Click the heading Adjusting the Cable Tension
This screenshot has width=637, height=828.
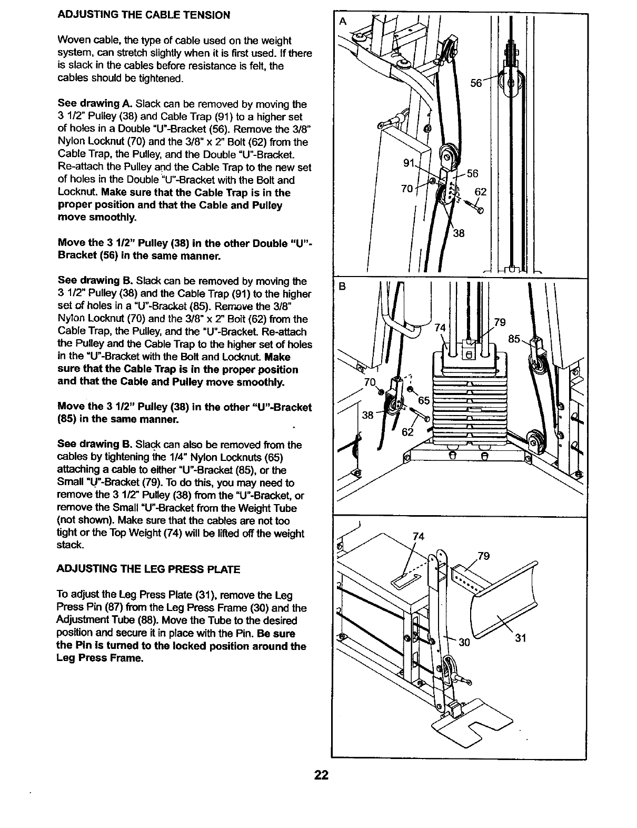(x=144, y=15)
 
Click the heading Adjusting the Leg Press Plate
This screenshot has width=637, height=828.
(x=149, y=569)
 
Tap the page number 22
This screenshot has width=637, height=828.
(x=321, y=775)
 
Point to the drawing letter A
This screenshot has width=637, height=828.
(x=343, y=22)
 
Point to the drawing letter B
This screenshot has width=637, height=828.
(x=342, y=287)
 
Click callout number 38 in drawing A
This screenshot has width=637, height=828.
(x=459, y=233)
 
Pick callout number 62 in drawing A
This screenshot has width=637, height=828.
(x=481, y=192)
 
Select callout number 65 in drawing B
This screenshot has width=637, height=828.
(x=424, y=400)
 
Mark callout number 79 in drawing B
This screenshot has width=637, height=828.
(x=500, y=322)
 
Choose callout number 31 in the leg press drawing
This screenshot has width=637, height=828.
(x=521, y=639)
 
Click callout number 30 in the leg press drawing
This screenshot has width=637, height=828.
(x=464, y=642)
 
